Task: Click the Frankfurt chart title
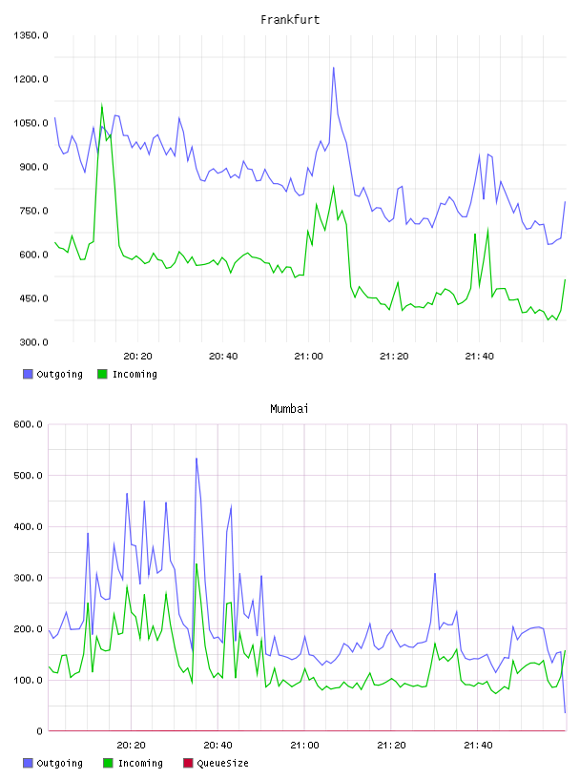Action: (290, 20)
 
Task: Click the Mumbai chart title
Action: (289, 409)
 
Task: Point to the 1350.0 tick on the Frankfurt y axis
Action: (31, 35)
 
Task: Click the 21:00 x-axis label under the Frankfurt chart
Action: (308, 357)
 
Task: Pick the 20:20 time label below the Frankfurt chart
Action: (137, 357)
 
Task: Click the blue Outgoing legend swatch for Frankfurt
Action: (28, 374)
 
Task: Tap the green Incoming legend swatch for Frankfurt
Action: (102, 374)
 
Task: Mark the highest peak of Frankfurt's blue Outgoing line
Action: (334, 68)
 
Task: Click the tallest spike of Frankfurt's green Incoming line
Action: (102, 105)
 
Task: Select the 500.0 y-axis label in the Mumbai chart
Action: (29, 476)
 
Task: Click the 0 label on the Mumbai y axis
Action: (40, 731)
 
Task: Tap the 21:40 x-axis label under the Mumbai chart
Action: (478, 746)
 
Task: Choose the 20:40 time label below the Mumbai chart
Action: (218, 746)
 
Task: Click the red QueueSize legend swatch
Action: (188, 763)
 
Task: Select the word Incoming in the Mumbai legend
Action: (140, 763)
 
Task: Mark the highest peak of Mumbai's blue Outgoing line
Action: (197, 459)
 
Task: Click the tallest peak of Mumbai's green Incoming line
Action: (197, 564)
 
